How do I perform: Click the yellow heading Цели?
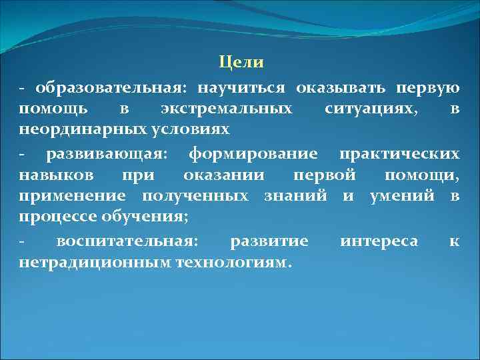click(241, 63)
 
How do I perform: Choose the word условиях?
click(174, 129)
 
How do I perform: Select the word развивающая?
click(107, 155)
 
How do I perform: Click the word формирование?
click(253, 155)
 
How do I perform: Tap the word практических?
click(399, 155)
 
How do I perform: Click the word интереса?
click(379, 241)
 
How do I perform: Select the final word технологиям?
click(233, 263)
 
